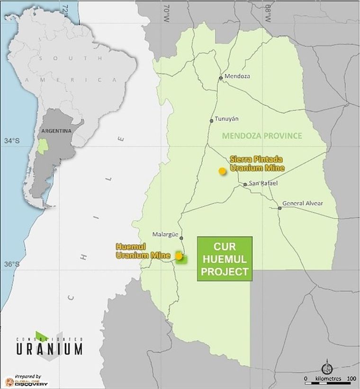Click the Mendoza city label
[x=237, y=76]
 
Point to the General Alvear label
[x=302, y=203]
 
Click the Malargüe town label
[x=164, y=234]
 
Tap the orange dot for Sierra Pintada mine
[x=222, y=171]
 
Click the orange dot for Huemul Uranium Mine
[x=179, y=256]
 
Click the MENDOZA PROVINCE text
[x=262, y=136]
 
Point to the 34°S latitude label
[x=12, y=141]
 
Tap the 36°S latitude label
[x=12, y=264]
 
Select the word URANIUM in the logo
[x=49, y=349]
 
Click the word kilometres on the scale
[x=328, y=379]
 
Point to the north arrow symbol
[x=327, y=368]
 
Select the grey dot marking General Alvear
[x=279, y=208]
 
